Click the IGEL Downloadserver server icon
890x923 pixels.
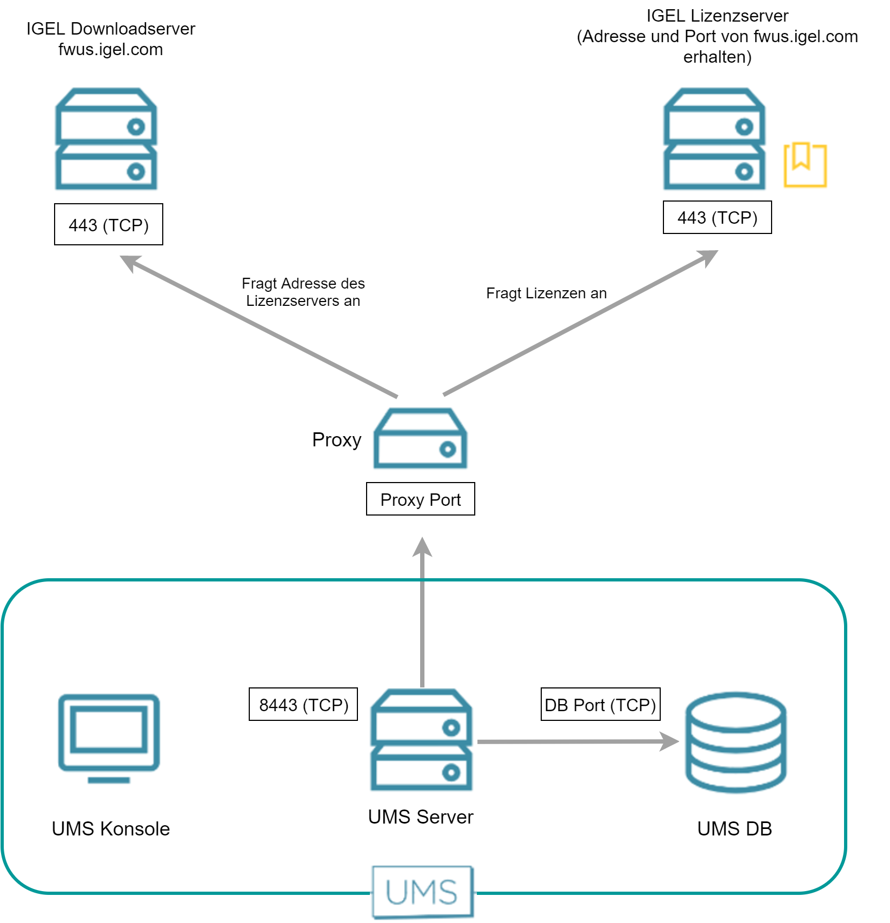107,139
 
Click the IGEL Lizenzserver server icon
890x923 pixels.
714,139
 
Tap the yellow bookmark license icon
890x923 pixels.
805,165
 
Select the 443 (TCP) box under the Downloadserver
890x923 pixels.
109,225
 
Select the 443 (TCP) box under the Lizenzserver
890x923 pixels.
717,218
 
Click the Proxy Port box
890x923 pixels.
420,499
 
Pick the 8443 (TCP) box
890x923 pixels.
303,705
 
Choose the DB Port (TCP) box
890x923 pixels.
600,705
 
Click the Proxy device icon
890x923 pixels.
420,438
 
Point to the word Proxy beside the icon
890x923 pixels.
336,440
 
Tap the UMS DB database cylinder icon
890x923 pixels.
735,742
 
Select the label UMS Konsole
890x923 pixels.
111,829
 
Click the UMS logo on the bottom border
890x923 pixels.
422,892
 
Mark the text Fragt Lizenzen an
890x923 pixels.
546,293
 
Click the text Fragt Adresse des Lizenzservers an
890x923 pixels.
303,292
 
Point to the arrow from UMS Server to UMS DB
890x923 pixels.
573,742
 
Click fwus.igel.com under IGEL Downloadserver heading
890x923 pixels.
110,50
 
